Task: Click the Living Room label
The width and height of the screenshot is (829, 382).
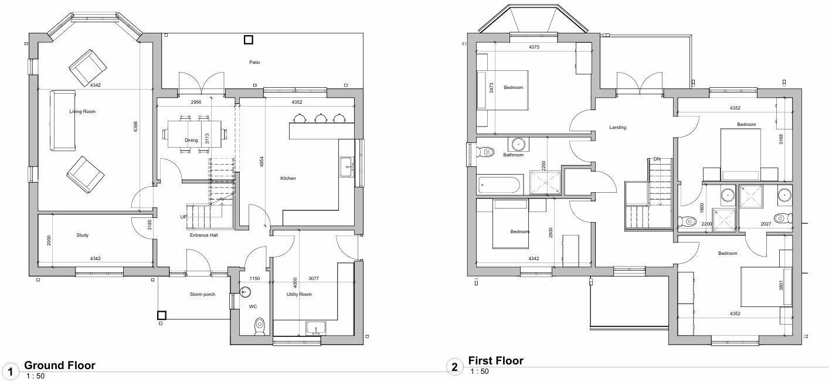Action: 82,111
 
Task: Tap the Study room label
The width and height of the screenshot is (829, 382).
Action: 83,236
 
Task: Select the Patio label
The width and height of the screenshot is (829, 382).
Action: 254,62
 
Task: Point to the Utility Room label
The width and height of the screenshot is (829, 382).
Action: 299,294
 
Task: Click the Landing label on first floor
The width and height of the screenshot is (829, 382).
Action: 617,127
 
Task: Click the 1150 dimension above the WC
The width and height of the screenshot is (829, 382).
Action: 254,279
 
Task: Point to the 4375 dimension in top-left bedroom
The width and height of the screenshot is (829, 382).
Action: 534,47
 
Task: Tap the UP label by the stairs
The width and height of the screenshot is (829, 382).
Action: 184,217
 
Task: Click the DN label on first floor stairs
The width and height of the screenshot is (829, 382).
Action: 657,159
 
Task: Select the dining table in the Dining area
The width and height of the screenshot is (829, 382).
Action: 194,134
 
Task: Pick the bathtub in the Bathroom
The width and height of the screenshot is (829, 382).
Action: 500,185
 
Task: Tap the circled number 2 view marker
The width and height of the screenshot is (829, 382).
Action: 455,367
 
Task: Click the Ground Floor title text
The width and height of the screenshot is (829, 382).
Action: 59,366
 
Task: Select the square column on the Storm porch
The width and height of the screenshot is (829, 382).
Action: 162,315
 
